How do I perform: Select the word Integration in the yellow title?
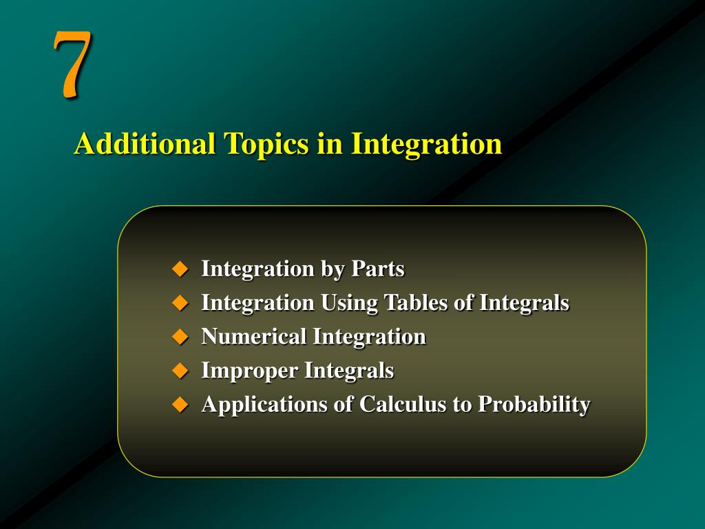[x=427, y=144]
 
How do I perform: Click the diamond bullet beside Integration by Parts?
[x=180, y=269]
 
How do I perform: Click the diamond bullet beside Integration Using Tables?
[x=180, y=302]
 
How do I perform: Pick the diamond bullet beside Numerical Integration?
[x=180, y=337]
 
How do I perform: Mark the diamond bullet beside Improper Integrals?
[x=180, y=371]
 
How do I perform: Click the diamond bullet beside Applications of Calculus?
[x=180, y=404]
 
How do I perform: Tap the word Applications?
[x=264, y=405]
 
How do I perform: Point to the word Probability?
[x=534, y=405]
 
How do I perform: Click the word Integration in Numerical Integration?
[x=370, y=337]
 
